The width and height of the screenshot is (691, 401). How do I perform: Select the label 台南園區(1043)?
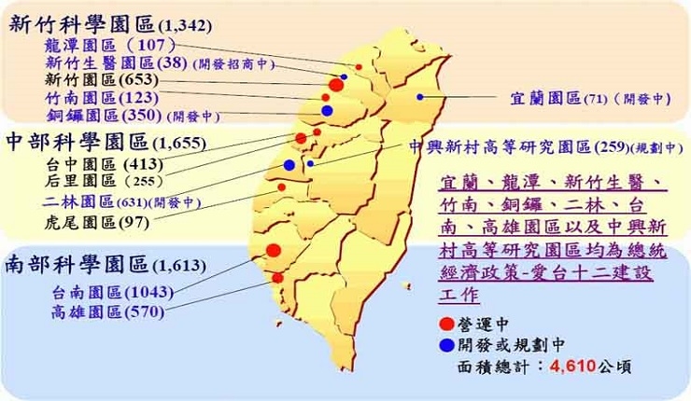coord(108,292)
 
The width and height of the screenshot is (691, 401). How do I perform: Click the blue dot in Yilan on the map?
coord(420,96)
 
